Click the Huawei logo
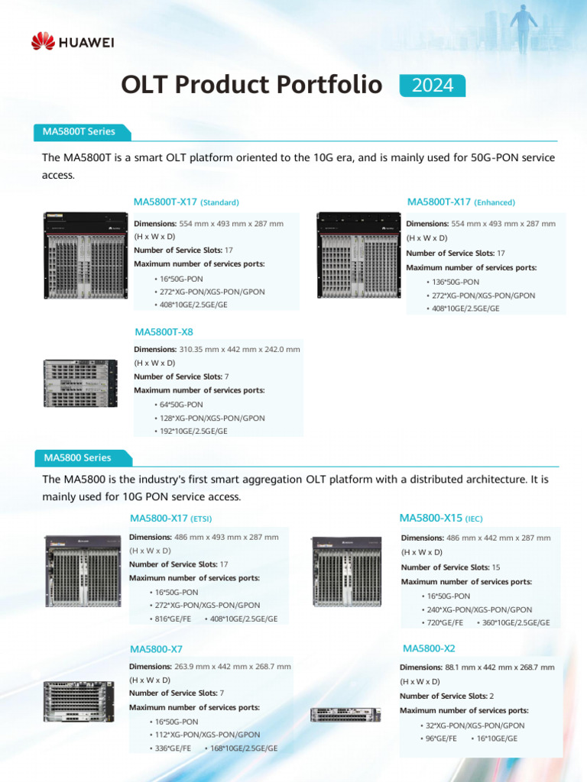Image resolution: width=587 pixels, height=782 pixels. coord(73,41)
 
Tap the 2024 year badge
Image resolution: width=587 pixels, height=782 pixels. coord(433,86)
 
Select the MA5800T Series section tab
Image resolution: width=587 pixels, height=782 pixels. coord(80,131)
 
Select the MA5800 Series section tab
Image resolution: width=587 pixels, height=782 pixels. coord(78,457)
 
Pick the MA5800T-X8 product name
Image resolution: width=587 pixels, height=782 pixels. coord(164,332)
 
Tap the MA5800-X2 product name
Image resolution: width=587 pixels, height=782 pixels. coord(429,648)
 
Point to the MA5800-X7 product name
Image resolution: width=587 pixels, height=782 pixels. coord(156,649)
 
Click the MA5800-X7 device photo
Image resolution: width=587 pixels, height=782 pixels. coord(79,701)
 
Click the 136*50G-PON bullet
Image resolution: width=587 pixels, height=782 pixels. coord(456,282)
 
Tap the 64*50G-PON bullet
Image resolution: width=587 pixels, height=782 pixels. coord(181,404)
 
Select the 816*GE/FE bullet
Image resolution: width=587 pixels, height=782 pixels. coord(173,619)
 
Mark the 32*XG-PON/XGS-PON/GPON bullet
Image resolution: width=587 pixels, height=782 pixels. coord(475,725)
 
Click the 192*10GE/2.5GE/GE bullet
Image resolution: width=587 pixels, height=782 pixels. coord(193,431)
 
